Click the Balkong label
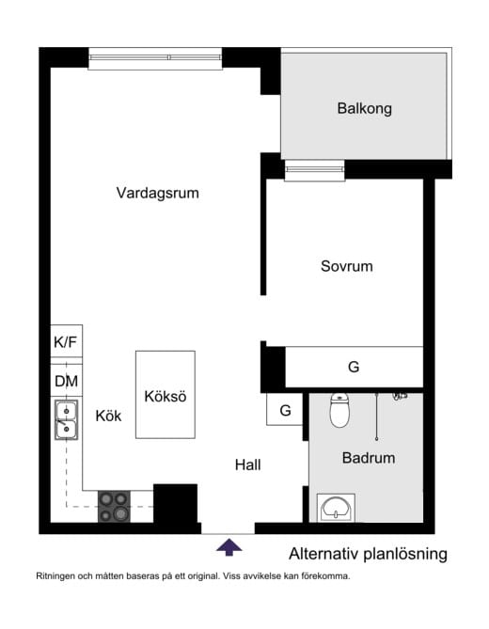[364, 109]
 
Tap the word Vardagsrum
[158, 193]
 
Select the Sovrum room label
[346, 266]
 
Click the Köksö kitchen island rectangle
[166, 395]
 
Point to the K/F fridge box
[66, 343]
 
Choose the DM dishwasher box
[66, 381]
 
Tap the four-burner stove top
[115, 506]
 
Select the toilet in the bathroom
[339, 411]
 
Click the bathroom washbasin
[337, 509]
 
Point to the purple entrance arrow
[229, 545]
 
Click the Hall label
[247, 464]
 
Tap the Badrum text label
[368, 459]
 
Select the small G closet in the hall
[285, 411]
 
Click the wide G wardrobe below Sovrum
[354, 367]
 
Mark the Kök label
[109, 416]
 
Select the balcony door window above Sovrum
[315, 170]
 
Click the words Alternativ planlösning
[368, 554]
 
